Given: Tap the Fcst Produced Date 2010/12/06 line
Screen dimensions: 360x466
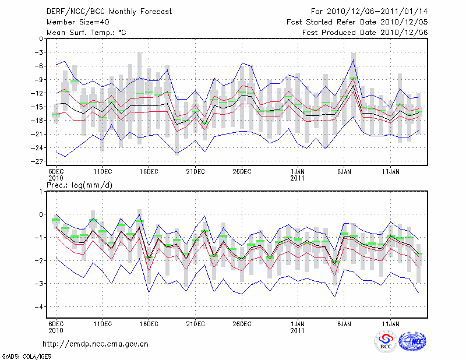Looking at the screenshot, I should [x=365, y=32].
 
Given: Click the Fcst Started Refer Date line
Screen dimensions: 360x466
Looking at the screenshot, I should [x=357, y=22].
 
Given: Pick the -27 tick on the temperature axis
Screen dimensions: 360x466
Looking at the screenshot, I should [x=38, y=161].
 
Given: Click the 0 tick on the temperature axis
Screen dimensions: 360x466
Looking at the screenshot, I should [x=41, y=39].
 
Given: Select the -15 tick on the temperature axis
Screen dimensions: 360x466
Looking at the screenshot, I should [x=38, y=107].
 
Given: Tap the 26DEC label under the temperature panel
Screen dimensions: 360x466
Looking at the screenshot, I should [x=242, y=171].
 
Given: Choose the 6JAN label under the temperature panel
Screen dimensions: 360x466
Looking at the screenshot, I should [x=344, y=171].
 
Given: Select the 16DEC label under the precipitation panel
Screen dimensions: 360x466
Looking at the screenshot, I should [x=149, y=323].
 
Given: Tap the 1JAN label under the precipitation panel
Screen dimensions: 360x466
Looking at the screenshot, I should [x=298, y=323].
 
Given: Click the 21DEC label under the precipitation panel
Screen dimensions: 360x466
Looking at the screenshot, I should [x=195, y=323].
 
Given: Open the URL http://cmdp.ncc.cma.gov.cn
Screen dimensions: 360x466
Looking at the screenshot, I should [x=96, y=344].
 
